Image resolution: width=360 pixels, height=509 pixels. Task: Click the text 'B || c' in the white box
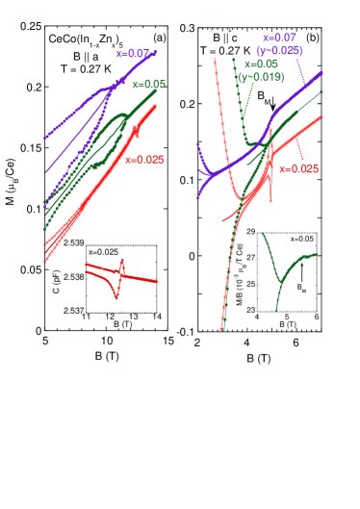pyautogui.click(x=224, y=38)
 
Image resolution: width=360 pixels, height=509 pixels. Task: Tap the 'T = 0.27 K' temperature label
pyautogui.click(x=224, y=50)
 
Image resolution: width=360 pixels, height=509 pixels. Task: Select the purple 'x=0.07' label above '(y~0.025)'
pyautogui.click(x=279, y=38)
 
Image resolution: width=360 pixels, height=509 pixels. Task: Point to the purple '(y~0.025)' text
pyautogui.click(x=279, y=50)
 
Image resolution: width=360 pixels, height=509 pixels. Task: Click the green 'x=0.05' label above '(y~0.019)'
pyautogui.click(x=261, y=64)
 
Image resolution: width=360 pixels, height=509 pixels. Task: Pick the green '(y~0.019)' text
pyautogui.click(x=261, y=77)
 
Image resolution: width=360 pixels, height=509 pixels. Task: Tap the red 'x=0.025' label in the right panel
pyautogui.click(x=298, y=168)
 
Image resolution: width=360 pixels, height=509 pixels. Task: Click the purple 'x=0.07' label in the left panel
pyautogui.click(x=134, y=54)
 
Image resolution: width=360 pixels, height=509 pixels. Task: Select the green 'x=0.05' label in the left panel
pyautogui.click(x=148, y=85)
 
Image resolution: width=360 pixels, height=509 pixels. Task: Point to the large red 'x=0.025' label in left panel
pyautogui.click(x=144, y=160)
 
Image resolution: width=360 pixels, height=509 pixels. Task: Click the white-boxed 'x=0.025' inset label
pyautogui.click(x=103, y=252)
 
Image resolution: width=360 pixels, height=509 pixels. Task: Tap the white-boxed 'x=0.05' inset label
pyautogui.click(x=301, y=239)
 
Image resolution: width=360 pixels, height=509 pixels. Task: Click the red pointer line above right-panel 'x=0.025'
pyautogui.click(x=299, y=149)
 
